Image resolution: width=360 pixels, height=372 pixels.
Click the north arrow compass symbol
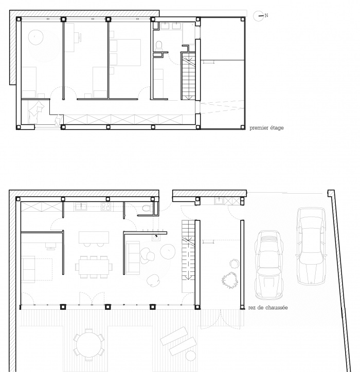[x=260, y=16]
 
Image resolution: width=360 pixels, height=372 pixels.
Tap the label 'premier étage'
[x=266, y=128]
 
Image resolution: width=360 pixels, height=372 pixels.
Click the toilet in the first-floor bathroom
[x=159, y=46]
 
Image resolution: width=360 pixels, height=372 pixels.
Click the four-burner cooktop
[x=106, y=207]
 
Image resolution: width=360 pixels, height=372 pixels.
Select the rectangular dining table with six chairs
[x=94, y=266]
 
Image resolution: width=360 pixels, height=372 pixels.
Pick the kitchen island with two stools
[x=94, y=238]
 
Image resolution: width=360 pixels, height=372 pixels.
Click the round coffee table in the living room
[x=168, y=252]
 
